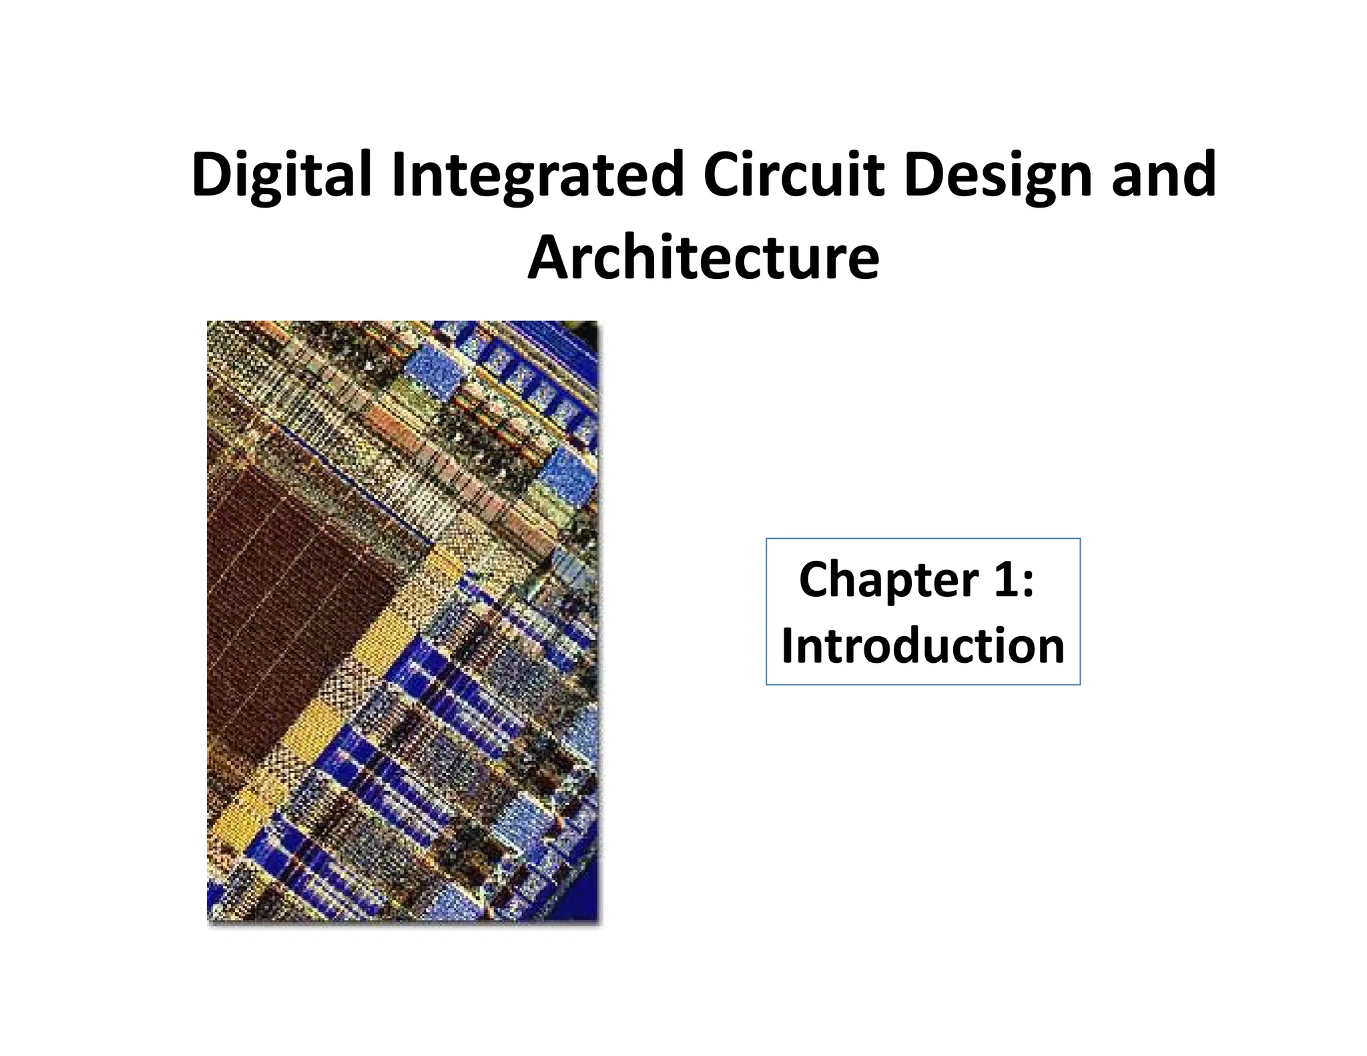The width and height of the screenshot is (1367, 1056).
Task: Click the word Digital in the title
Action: click(280, 175)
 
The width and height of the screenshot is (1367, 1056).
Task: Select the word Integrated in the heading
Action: click(538, 175)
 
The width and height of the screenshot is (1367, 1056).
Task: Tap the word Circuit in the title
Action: click(794, 175)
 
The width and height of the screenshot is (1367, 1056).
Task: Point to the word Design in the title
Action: click(997, 175)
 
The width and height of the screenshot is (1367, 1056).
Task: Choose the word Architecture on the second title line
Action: click(704, 258)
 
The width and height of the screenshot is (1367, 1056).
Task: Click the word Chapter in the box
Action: click(887, 579)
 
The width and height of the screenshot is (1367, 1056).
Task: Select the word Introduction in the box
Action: click(922, 646)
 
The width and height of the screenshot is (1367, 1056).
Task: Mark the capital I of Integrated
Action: click(399, 175)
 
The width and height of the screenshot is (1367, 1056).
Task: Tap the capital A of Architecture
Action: click(549, 258)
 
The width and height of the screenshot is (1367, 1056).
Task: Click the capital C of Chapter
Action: click(816, 579)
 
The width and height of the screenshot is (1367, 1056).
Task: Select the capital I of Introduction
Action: click(788, 646)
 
